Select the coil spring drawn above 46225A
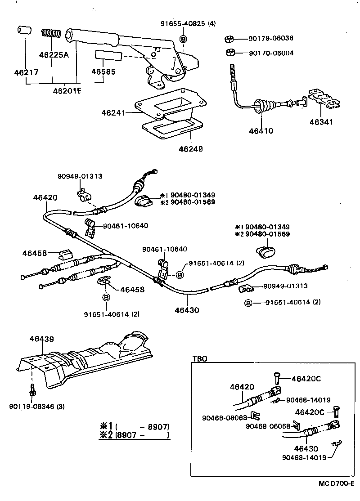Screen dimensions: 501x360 pyautogui.click(x=51, y=34)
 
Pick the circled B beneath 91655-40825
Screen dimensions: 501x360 pyautogui.click(x=183, y=39)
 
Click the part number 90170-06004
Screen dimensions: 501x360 pyautogui.click(x=271, y=53)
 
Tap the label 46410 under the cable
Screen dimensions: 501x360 pyautogui.click(x=261, y=131)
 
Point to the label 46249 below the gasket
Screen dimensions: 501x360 pyautogui.click(x=190, y=148)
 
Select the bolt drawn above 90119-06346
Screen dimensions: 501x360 pyautogui.click(x=32, y=389)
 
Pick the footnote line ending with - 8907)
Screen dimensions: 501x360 pyautogui.click(x=135, y=426)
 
